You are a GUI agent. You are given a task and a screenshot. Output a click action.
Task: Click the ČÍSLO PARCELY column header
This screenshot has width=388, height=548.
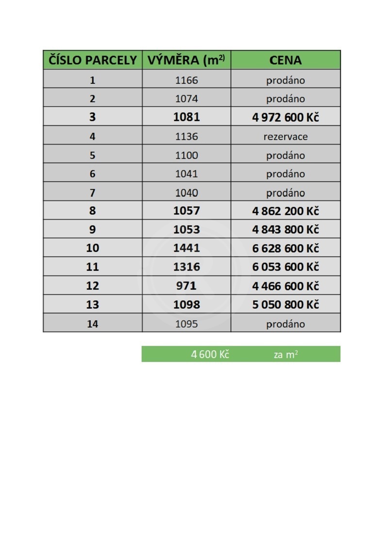pos(93,60)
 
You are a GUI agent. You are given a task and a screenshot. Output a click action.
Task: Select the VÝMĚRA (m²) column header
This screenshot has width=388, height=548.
pos(186,60)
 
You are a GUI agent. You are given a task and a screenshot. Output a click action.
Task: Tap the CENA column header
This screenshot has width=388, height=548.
pos(285,60)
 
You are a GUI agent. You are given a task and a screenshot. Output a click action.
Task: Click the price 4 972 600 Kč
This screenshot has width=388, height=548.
pos(285,117)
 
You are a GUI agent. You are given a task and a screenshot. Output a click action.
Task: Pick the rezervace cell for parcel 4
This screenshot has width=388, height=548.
pos(285,137)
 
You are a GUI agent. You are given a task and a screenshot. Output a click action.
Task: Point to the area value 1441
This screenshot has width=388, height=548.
pos(186,248)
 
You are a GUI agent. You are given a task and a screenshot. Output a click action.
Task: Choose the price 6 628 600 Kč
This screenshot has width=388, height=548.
pos(285,248)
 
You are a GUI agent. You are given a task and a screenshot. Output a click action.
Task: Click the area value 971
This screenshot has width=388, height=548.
pos(186,286)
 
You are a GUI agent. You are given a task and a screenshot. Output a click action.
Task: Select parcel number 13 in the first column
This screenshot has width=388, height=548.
pos(92,305)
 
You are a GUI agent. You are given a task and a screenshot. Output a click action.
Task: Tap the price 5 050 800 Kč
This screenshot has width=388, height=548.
pos(285,305)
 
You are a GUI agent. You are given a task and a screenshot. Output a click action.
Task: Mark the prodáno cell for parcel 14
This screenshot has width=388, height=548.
pos(285,324)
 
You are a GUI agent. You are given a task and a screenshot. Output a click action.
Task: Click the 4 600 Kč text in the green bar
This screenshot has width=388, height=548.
pos(210,354)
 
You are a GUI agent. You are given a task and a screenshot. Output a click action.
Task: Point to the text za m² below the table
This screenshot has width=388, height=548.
pos(285,355)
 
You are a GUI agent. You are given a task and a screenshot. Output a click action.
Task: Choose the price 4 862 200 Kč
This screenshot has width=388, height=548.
pos(285,211)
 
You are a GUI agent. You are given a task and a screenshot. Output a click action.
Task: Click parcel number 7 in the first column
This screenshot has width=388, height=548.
pos(92,193)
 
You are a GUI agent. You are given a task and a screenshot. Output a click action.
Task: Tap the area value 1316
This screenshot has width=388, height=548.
pos(186,267)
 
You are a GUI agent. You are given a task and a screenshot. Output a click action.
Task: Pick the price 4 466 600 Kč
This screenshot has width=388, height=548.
pos(285,286)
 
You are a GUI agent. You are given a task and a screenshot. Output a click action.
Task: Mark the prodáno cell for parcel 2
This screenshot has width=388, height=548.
pos(285,99)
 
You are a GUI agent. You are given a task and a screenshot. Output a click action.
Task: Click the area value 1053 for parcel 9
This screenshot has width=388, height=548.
pos(186,230)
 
